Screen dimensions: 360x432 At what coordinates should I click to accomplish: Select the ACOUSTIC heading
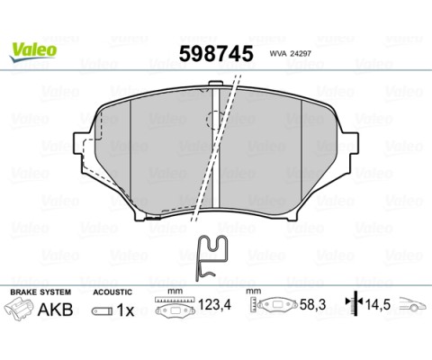click(x=113, y=293)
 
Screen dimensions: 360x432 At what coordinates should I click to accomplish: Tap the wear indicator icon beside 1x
click(x=101, y=311)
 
